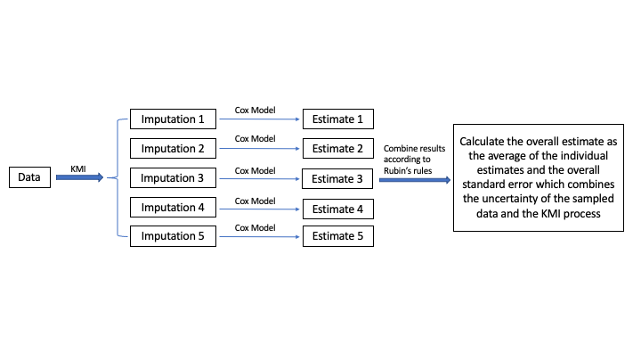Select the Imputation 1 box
(173, 119)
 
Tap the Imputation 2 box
(173, 148)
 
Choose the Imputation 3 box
(173, 177)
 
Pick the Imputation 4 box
(173, 208)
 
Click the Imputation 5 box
(173, 237)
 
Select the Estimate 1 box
(337, 119)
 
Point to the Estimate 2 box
(337, 148)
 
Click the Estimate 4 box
(337, 210)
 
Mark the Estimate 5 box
(337, 237)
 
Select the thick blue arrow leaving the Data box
(78, 178)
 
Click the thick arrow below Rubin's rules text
(415, 179)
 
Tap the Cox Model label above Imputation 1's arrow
(254, 110)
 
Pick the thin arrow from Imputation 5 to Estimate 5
(258, 237)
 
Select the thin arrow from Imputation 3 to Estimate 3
(258, 178)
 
